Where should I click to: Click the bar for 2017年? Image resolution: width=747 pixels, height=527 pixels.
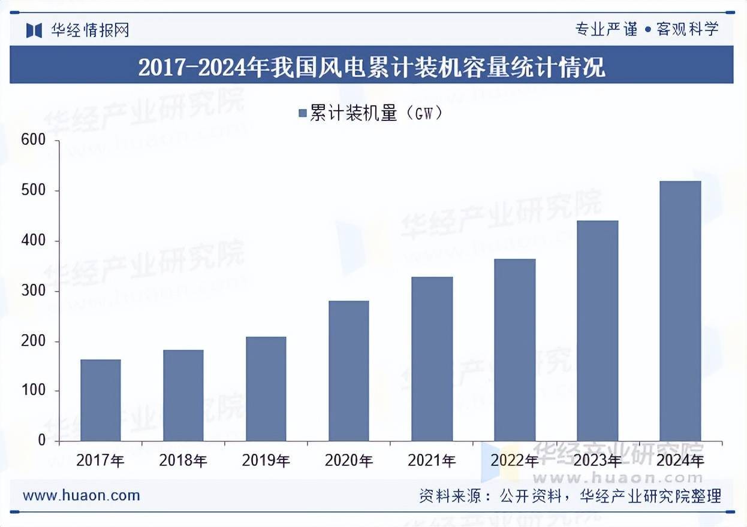pos(101,400)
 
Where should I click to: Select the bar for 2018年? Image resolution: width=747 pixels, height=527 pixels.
pos(183,395)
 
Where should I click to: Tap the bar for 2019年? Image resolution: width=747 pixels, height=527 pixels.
pos(266,389)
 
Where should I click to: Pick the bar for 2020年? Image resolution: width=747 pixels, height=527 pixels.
pos(349,371)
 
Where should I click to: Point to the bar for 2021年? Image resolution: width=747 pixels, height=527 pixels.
pos(432,359)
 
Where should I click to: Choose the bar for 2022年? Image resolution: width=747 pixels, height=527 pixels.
pos(515,350)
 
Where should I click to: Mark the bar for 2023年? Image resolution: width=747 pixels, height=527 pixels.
pos(597,331)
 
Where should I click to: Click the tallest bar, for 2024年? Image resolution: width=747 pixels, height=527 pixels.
pos(680,311)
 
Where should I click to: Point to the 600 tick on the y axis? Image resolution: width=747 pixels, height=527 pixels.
pos(34,140)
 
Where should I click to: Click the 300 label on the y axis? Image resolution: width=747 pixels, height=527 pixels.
pos(34,291)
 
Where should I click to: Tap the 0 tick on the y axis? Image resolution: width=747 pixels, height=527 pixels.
pos(41,441)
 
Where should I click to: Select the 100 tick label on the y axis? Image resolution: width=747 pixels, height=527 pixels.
pos(34,390)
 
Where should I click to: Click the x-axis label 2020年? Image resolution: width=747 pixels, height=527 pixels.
pos(349,461)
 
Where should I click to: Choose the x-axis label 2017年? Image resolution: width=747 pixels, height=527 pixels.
pos(101,461)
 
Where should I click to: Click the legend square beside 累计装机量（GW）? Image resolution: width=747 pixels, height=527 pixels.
pos(303,113)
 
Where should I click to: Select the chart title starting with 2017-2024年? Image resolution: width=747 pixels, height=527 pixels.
pos(372,67)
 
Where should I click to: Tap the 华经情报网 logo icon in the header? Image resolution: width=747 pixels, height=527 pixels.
pos(34,30)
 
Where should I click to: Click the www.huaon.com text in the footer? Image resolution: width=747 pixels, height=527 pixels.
pos(82,495)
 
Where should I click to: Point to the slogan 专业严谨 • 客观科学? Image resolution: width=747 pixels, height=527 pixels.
pos(646,29)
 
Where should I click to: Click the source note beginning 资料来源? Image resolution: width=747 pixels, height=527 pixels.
pos(570,496)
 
